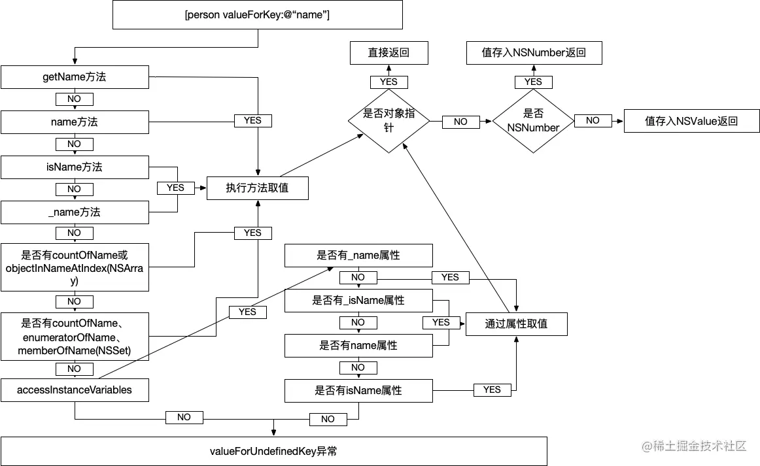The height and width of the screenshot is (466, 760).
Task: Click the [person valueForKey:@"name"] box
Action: pyautogui.click(x=257, y=14)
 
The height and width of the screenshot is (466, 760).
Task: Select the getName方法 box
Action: pyautogui.click(x=75, y=77)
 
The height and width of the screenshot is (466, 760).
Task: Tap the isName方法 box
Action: pyautogui.click(x=75, y=167)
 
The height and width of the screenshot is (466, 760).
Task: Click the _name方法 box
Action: pyautogui.click(x=75, y=212)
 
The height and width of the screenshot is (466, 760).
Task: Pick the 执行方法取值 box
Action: pyautogui.click(x=257, y=188)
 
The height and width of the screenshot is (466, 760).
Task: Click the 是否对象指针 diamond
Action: pyautogui.click(x=389, y=120)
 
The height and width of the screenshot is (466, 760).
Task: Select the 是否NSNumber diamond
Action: pyautogui.click(x=533, y=121)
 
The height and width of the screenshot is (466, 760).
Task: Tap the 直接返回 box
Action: pyautogui.click(x=389, y=53)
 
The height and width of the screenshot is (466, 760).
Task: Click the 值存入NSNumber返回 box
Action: pyautogui.click(x=534, y=53)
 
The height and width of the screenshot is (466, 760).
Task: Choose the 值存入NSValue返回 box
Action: pyautogui.click(x=691, y=121)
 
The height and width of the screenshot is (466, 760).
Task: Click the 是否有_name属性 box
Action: pyautogui.click(x=358, y=256)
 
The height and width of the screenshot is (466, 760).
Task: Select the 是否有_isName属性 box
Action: pyautogui.click(x=358, y=301)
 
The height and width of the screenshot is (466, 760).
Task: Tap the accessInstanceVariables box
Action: pyautogui.click(x=75, y=390)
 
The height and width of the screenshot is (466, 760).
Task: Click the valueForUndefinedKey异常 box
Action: pyautogui.click(x=273, y=451)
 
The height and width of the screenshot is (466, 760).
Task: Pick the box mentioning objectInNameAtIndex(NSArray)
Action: pyautogui.click(x=75, y=267)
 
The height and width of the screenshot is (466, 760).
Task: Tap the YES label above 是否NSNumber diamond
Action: pyautogui.click(x=533, y=82)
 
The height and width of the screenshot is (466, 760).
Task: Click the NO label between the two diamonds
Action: pyautogui.click(x=460, y=122)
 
